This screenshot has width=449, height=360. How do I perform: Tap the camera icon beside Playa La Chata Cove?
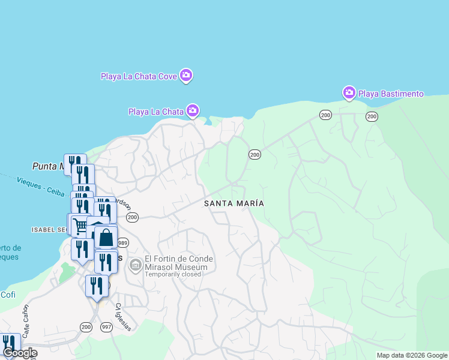tap(186, 75)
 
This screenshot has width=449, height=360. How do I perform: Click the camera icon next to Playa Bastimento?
tap(349, 93)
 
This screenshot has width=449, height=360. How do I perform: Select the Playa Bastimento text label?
tap(391, 94)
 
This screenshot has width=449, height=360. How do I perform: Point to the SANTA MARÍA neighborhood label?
tap(234, 203)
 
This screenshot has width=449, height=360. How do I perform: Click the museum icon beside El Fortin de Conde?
tap(136, 265)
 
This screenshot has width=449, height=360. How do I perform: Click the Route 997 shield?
tap(107, 326)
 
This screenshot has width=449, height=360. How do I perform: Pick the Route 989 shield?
tap(123, 243)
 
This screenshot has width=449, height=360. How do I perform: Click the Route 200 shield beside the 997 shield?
tap(86, 326)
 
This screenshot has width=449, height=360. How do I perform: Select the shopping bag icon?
tap(106, 238)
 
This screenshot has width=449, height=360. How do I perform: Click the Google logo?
tap(19, 353)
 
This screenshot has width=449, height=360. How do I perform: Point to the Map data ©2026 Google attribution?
tap(412, 355)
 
